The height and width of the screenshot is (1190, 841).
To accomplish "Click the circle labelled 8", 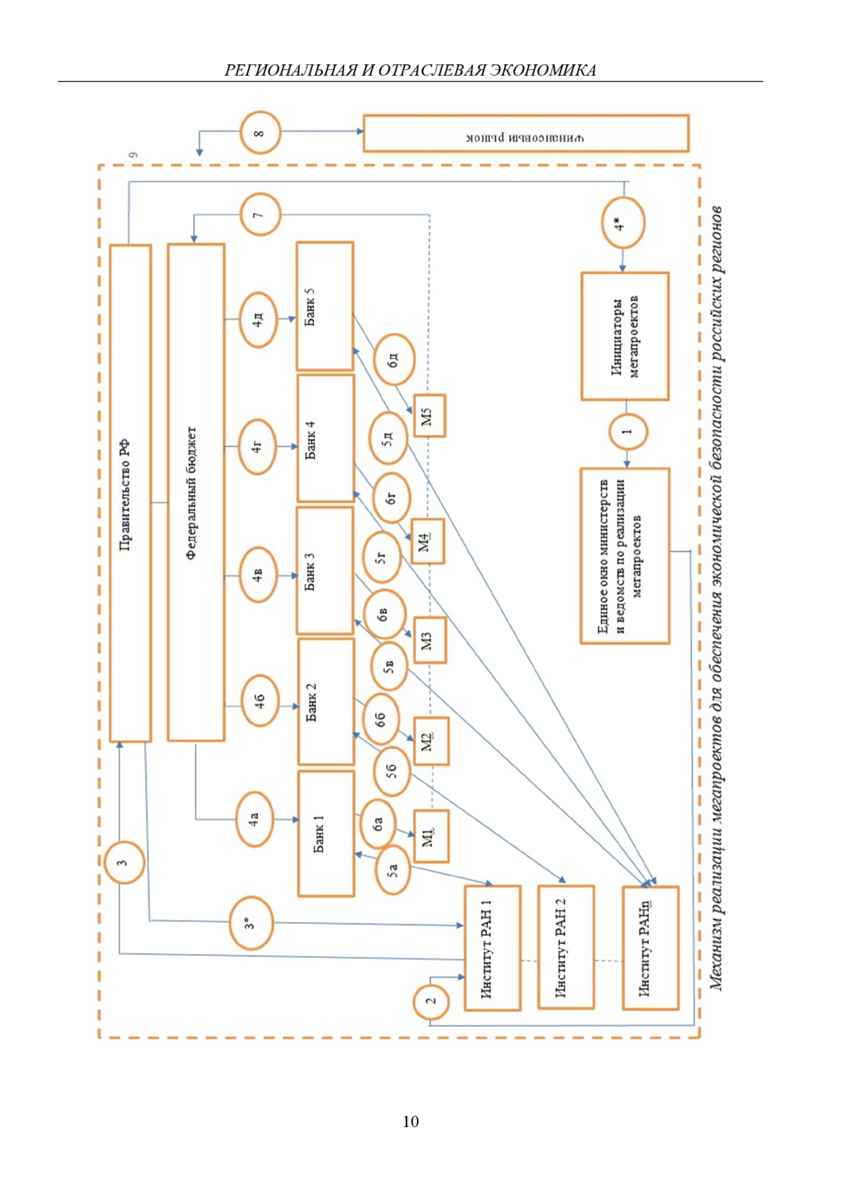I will point(260,132).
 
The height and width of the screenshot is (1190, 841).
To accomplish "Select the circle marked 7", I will point(260,214).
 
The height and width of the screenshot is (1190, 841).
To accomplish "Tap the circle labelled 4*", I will point(622,224).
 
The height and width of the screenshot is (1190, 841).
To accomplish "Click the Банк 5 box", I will point(324,306).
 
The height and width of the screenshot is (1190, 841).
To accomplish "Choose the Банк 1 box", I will point(326,833).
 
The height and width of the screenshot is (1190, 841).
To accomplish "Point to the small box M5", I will point(429,416).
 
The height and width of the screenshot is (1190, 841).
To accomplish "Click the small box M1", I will point(431,835).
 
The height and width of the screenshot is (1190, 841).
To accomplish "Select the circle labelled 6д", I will point(394,360).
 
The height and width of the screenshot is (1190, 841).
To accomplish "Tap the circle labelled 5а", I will point(392,870).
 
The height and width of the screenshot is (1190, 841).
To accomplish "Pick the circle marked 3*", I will point(251,923).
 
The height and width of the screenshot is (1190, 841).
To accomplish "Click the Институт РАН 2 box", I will point(566,947).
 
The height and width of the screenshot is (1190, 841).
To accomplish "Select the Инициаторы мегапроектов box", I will point(624,336).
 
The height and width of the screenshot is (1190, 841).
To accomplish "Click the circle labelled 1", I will point(627,432).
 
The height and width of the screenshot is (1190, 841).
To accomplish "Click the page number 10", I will point(411,1121).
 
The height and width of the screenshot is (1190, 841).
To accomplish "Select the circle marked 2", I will point(432,1001).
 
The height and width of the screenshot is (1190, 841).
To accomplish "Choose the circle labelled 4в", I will point(259,575).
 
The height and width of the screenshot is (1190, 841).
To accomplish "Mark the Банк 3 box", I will point(324,570).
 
